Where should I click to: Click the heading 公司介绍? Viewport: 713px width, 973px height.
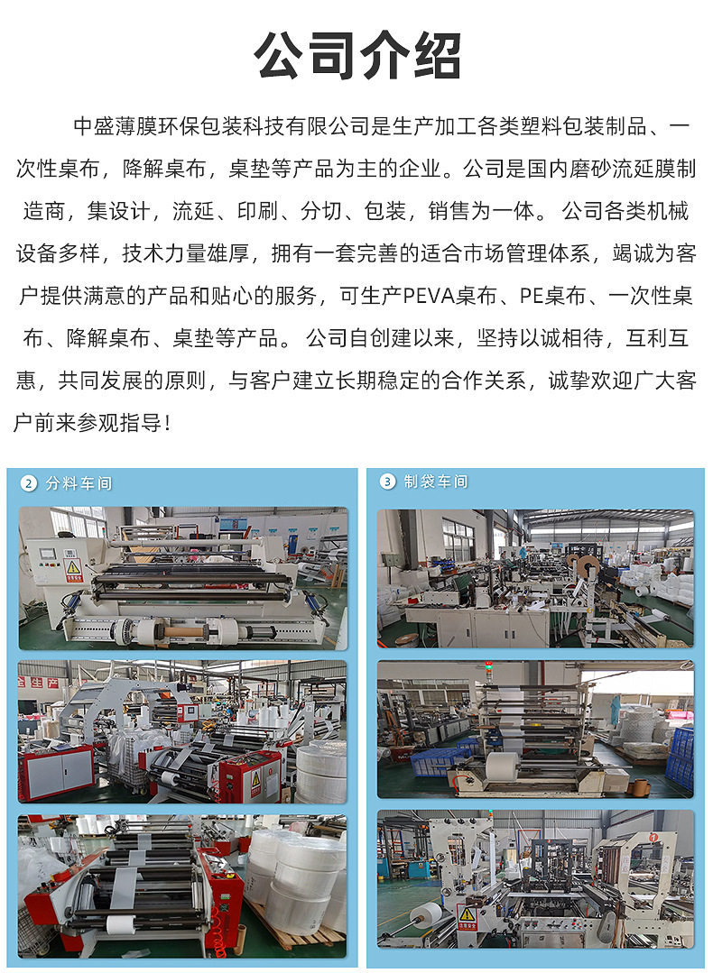(357, 56)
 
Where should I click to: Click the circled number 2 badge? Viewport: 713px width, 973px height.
(29, 482)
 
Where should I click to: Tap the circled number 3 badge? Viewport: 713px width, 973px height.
(387, 481)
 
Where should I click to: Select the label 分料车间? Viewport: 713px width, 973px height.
(79, 483)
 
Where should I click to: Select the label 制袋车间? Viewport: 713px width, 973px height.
(436, 481)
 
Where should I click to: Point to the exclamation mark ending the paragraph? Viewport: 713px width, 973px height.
(167, 423)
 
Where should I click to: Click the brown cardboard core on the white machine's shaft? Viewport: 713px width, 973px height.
(184, 632)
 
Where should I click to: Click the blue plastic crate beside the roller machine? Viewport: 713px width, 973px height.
(681, 759)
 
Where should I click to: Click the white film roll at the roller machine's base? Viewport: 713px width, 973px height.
(502, 767)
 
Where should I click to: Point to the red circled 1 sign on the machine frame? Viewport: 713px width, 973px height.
(653, 837)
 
